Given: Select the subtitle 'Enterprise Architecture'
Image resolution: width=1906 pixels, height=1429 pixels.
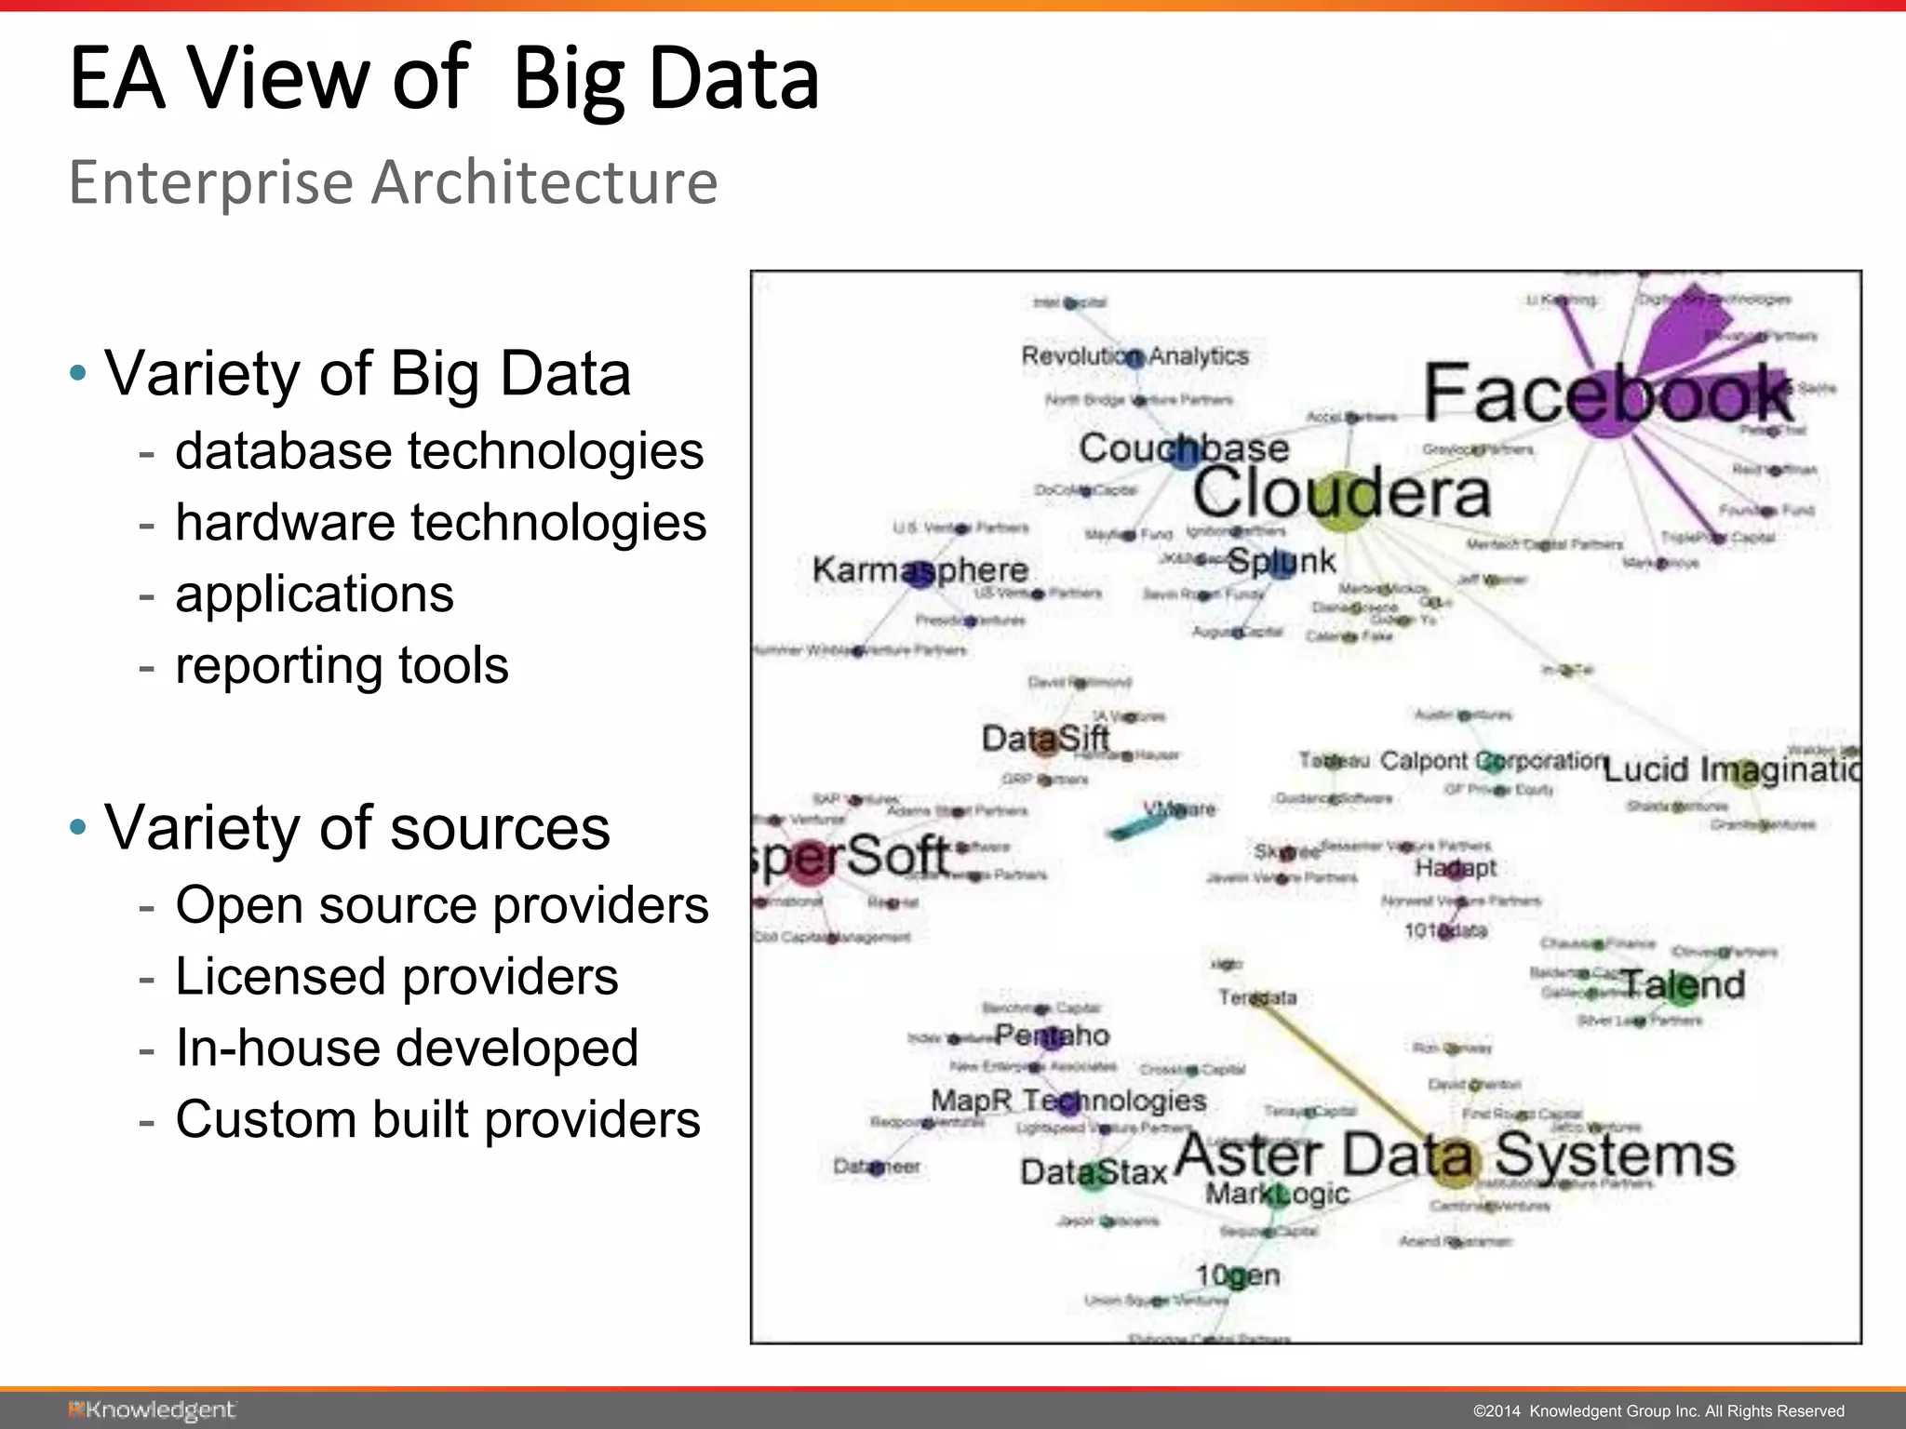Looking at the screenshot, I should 393,182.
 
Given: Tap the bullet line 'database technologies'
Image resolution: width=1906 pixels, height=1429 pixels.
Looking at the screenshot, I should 438,451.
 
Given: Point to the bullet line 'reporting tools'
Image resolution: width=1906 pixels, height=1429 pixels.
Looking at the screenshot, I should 342,665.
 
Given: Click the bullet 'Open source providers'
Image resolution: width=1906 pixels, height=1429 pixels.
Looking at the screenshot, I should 441,905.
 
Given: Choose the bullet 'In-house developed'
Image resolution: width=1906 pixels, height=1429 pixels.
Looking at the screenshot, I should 407,1048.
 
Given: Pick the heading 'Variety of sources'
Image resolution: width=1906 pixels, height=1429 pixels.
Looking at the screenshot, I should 356,827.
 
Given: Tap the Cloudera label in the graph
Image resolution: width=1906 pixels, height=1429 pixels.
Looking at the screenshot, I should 1341,493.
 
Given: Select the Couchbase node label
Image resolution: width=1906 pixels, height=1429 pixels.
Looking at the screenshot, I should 1184,448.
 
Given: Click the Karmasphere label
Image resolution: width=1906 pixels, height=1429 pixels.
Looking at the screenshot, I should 919,569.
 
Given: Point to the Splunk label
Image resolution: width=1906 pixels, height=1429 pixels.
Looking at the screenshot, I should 1281,561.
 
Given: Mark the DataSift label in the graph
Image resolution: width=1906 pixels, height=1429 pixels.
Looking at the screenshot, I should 1045,740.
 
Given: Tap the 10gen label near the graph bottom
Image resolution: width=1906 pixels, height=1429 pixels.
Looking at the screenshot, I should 1237,1275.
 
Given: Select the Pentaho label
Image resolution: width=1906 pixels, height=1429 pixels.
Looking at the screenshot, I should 1052,1035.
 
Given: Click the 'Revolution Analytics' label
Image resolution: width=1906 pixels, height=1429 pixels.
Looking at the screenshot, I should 1134,355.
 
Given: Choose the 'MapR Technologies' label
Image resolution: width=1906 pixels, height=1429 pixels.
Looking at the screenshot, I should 1068,1101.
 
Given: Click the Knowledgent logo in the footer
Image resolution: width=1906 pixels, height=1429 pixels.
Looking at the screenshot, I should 152,1410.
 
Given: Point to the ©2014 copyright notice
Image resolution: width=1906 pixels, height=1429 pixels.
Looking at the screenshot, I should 1658,1411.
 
